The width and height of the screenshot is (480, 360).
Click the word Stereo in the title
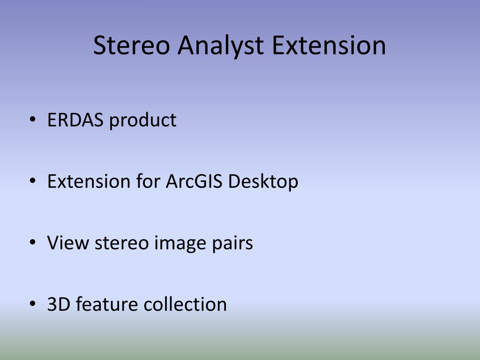click(x=131, y=45)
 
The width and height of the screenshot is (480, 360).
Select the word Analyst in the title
click(x=220, y=46)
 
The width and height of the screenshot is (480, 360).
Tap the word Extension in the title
click(x=329, y=45)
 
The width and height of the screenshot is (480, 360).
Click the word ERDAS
click(x=75, y=120)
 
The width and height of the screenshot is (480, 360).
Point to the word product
click(x=142, y=120)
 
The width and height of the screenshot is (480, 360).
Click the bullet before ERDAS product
click(x=32, y=120)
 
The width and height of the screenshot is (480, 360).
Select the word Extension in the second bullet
click(x=89, y=181)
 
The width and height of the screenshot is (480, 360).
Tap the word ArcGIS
click(x=194, y=181)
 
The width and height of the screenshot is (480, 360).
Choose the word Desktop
click(x=263, y=182)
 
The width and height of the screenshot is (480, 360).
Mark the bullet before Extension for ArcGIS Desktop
click(x=32, y=181)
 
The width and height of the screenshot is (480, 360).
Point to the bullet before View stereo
click(x=32, y=242)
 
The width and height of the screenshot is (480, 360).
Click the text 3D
click(x=59, y=304)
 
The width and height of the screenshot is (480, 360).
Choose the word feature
click(x=107, y=304)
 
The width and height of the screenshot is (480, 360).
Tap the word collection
click(x=185, y=304)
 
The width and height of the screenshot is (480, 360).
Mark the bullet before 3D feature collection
click(x=32, y=304)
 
